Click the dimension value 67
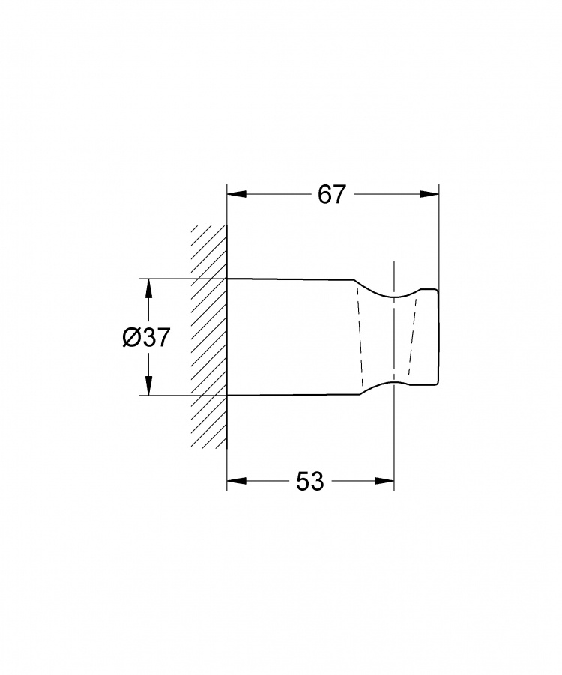[x=332, y=195]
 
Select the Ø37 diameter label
[x=146, y=336]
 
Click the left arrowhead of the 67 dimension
[x=237, y=194]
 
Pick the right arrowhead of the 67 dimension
[x=429, y=194]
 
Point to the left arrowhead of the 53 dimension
[x=237, y=481]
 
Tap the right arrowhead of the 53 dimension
[x=384, y=481]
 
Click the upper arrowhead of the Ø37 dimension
[x=148, y=288]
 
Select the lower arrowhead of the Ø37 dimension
[x=148, y=385]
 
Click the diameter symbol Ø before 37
[x=130, y=336]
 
